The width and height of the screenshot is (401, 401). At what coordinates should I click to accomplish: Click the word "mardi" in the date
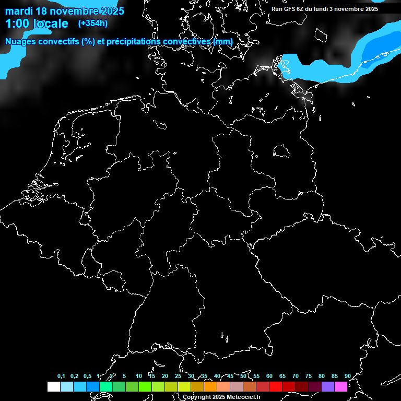(x=18, y=11)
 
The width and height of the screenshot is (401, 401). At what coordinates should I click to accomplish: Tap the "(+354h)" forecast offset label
(x=93, y=23)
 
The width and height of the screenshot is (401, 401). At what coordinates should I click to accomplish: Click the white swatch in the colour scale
(x=53, y=386)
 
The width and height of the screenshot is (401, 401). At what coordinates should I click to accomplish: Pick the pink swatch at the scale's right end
(x=340, y=386)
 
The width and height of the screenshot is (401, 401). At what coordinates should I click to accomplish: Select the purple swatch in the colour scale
(x=327, y=386)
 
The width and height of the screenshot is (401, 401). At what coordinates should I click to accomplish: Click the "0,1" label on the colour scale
(x=61, y=376)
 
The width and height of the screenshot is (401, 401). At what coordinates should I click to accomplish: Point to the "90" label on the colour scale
(x=347, y=376)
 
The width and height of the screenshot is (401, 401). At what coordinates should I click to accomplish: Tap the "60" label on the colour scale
(x=269, y=376)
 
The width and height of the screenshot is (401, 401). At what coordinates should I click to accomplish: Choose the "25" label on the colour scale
(x=178, y=376)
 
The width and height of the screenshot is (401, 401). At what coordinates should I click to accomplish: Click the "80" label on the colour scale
(x=321, y=376)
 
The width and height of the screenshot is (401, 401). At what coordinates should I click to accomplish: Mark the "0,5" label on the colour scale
(x=87, y=376)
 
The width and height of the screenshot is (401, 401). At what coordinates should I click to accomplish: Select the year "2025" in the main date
(x=107, y=11)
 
